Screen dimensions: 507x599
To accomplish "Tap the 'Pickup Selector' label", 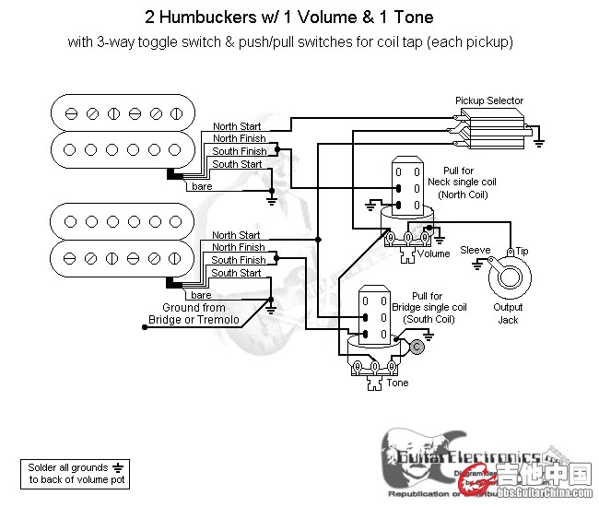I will [x=488, y=100].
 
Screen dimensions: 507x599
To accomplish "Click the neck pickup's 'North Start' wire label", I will [x=237, y=126].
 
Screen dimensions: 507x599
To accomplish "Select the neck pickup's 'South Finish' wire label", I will [x=240, y=151].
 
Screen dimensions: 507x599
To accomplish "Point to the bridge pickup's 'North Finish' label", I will [x=239, y=248].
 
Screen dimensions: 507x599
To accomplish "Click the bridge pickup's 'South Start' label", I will [x=237, y=273].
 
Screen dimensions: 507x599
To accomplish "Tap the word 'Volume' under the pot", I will [x=433, y=253].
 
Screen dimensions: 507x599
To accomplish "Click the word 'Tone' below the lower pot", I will [x=397, y=383].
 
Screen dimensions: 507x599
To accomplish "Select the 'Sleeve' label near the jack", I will [x=476, y=250].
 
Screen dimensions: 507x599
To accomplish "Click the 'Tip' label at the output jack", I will [x=522, y=251].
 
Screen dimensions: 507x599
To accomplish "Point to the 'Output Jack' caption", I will [x=508, y=313].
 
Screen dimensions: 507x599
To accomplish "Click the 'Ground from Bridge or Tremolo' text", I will [x=194, y=313].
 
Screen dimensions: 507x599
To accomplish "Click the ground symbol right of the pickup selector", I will [x=538, y=142].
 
